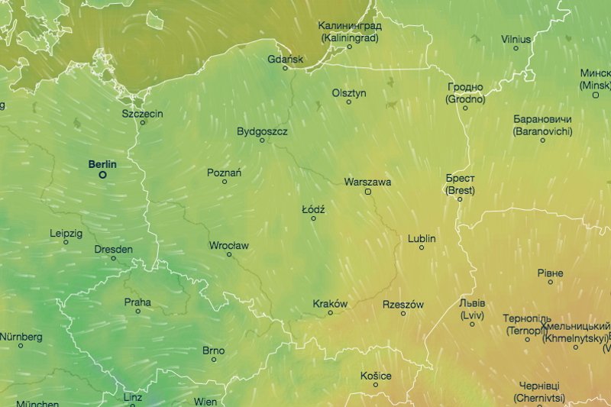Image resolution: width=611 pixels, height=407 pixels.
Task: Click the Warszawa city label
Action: click(x=367, y=182)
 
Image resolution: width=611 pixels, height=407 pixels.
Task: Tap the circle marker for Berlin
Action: click(x=102, y=175)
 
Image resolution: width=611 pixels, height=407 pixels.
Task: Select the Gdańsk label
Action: click(x=286, y=59)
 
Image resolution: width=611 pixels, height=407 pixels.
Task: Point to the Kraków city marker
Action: click(x=330, y=312)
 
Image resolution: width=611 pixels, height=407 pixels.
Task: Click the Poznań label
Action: click(x=224, y=173)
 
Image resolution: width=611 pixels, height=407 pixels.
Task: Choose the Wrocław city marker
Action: click(x=229, y=254)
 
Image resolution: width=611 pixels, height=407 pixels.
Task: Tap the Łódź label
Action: click(x=313, y=208)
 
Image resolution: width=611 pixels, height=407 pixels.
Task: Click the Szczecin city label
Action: click(x=142, y=113)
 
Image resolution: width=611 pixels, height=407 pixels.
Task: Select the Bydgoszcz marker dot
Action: click(x=262, y=141)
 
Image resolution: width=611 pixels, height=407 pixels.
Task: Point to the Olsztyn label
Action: click(x=349, y=92)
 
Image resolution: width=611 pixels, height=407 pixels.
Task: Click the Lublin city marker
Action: click(x=422, y=247)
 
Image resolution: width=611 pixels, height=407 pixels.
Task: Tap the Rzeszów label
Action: click(x=402, y=304)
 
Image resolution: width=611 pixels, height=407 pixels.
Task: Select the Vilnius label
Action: click(x=516, y=38)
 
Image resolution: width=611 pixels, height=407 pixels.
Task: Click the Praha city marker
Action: click(x=138, y=312)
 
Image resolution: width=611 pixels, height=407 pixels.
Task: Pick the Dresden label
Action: click(x=113, y=249)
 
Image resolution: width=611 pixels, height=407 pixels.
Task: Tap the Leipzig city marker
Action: click(x=66, y=242)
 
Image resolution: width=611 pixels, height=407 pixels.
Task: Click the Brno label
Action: click(x=213, y=350)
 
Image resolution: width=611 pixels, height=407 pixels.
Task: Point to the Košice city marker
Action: click(x=376, y=385)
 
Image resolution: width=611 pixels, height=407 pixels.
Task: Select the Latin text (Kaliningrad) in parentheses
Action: click(x=350, y=36)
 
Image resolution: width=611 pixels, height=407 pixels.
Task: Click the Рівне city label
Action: click(x=550, y=273)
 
